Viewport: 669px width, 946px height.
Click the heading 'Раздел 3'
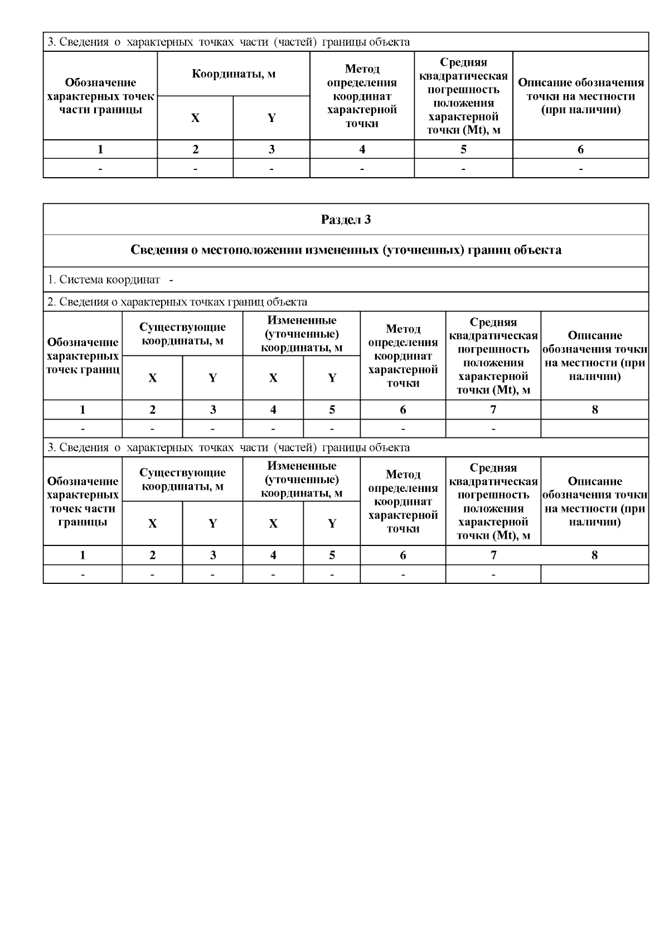point(346,220)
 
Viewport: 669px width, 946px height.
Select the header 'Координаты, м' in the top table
point(234,74)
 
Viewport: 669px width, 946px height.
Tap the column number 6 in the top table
point(580,149)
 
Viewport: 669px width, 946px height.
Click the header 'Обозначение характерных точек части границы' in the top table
point(100,96)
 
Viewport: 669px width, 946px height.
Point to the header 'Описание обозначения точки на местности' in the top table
point(580,96)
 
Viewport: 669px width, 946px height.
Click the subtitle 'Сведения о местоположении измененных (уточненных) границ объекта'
point(346,250)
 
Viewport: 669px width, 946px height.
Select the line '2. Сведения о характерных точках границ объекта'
point(177,302)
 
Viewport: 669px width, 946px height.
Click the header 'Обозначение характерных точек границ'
point(83,355)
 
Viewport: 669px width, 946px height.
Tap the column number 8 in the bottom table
point(594,555)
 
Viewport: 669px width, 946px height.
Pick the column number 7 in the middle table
point(493,410)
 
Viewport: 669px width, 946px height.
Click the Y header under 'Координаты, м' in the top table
point(272,118)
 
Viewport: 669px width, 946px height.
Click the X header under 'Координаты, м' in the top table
point(195,118)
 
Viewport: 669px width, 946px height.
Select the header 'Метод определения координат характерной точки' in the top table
point(362,96)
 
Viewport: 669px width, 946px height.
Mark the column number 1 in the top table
point(100,149)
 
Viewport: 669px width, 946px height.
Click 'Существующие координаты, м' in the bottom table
point(182,479)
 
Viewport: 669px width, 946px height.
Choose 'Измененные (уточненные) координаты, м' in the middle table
point(302,334)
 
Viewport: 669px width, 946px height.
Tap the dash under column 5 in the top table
point(463,168)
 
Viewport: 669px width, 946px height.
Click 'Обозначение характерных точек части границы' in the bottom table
point(83,501)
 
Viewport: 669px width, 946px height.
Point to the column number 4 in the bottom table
point(273,555)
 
